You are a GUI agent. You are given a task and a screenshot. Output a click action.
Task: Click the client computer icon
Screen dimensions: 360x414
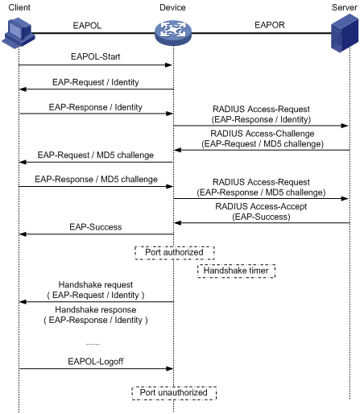[x=19, y=33]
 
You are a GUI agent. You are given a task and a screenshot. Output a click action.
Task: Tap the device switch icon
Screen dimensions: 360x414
[x=173, y=33]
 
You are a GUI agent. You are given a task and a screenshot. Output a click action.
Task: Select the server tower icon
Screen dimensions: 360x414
[x=345, y=33]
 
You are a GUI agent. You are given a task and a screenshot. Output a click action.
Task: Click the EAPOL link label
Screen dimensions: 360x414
[x=87, y=26]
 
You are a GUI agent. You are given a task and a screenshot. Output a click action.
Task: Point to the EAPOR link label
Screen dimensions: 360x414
[x=270, y=25]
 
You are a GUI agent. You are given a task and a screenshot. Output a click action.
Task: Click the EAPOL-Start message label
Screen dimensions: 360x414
[x=96, y=56]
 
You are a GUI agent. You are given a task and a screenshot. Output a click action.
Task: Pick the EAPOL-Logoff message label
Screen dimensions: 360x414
[x=96, y=362]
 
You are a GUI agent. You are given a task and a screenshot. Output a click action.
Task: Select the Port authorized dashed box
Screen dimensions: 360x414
[x=175, y=253]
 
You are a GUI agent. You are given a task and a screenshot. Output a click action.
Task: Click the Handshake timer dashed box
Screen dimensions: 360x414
[x=236, y=271]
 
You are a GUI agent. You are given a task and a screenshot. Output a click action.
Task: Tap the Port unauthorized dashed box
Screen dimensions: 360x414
[x=174, y=393]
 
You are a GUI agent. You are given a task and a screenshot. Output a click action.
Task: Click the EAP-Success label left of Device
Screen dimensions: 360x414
[x=96, y=227]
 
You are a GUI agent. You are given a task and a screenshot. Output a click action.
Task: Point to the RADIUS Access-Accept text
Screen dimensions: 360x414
[x=261, y=206]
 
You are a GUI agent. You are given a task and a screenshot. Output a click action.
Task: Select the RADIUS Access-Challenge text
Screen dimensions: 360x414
[x=263, y=134]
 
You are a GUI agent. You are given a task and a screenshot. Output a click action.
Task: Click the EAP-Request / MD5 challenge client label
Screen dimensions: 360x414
[x=96, y=155]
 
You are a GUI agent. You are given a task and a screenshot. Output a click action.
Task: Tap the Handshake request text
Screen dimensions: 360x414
[x=96, y=284]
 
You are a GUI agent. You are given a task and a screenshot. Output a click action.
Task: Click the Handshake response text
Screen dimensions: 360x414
[x=96, y=309]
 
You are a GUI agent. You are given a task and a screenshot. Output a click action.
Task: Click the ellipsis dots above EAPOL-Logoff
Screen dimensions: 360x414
[x=93, y=344]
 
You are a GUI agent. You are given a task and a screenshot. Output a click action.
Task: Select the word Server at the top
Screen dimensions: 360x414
[x=345, y=7]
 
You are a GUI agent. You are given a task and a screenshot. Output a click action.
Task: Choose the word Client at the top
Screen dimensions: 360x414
[x=19, y=7]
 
